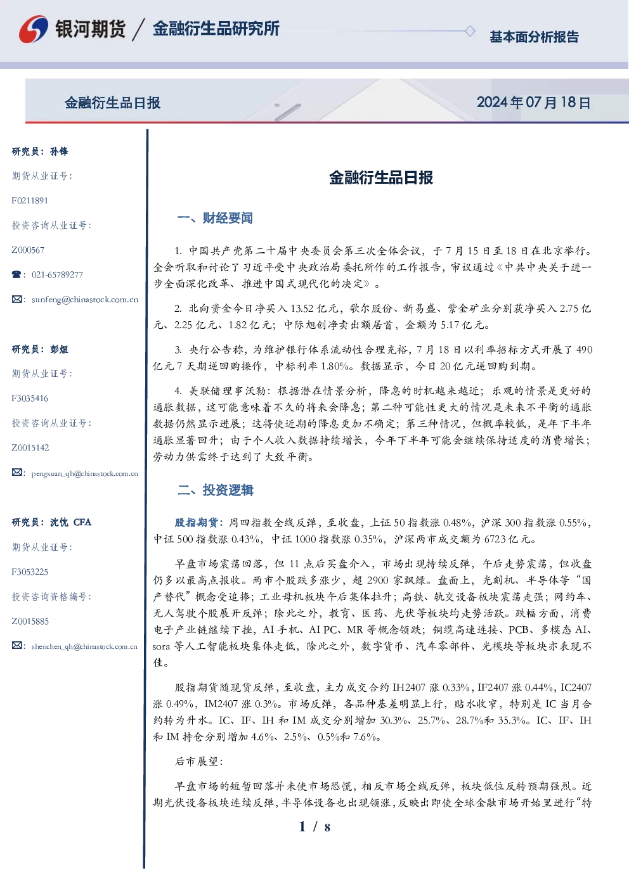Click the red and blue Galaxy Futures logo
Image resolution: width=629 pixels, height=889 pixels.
point(34,29)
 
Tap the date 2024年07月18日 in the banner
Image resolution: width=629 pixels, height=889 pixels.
point(533,103)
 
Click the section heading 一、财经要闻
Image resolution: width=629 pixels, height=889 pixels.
point(215,218)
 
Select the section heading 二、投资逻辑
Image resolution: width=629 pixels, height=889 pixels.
point(215,490)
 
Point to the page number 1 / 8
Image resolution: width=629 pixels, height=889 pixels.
point(314,827)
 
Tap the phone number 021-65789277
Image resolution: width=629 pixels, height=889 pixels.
point(57,274)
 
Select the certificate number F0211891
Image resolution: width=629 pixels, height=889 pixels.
point(30,200)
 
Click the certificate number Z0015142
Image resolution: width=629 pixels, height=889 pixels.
point(30,448)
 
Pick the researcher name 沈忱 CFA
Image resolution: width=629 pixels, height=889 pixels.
point(70,522)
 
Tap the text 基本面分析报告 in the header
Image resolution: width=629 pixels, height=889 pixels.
point(534,37)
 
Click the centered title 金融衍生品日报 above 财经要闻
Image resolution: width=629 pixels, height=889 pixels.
point(381,177)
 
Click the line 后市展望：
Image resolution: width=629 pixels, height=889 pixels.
point(199,762)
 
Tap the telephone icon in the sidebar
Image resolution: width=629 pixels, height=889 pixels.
point(16,274)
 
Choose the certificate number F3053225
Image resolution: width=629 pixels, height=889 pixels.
point(30,572)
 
